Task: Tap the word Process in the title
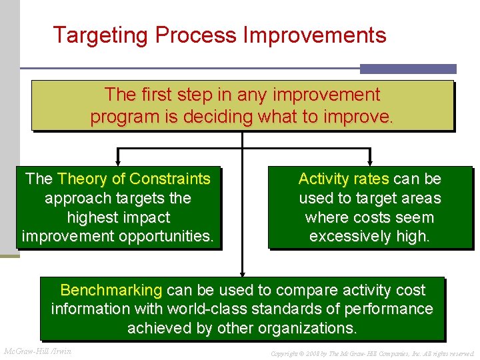(x=200, y=35)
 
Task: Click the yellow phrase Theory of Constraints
(x=134, y=179)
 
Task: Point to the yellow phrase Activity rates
(x=343, y=179)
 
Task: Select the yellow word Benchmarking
(x=111, y=290)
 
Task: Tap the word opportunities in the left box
(x=169, y=237)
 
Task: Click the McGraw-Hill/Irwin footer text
(x=37, y=351)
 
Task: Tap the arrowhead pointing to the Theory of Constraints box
(x=118, y=161)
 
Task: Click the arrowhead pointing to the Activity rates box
(x=370, y=161)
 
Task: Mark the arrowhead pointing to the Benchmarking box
(x=243, y=273)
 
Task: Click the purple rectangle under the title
(x=408, y=69)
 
